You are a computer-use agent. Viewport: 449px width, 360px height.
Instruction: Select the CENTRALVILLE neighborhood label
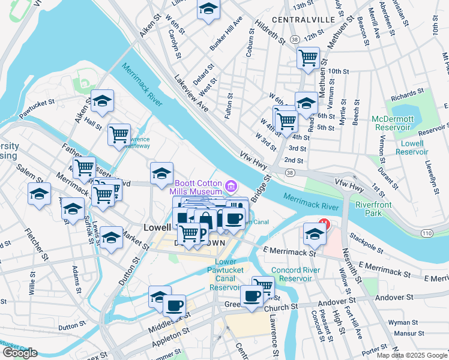click(303, 20)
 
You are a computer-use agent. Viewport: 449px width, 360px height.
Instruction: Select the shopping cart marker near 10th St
click(308, 58)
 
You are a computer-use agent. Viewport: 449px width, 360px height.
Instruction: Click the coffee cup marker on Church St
click(252, 295)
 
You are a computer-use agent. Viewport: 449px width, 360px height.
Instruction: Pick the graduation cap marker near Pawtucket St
click(103, 102)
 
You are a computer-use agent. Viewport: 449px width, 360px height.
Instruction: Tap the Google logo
click(20, 353)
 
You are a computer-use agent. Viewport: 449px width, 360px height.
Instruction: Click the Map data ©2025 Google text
click(412, 355)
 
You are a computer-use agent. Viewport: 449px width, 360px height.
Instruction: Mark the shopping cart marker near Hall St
click(119, 134)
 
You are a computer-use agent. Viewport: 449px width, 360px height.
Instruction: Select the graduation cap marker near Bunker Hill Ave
click(208, 9)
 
